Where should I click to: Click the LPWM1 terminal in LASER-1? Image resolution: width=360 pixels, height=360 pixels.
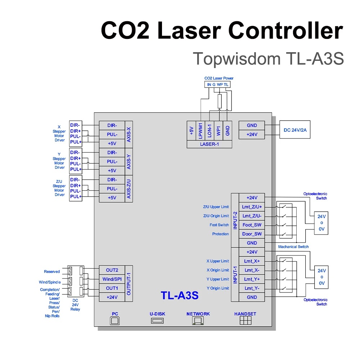[201, 130]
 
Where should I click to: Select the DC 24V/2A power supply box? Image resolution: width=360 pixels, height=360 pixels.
[295, 130]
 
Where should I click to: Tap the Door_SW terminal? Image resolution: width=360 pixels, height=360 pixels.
[252, 234]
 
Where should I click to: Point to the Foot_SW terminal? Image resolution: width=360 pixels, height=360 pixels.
[252, 225]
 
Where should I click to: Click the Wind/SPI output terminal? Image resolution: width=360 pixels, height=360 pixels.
[112, 279]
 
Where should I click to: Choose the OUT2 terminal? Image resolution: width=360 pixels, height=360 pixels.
[112, 270]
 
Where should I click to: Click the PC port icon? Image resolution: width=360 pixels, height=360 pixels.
[114, 320]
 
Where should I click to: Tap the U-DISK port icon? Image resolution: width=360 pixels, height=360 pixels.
[157, 320]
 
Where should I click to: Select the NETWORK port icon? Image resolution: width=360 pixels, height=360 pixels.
[198, 320]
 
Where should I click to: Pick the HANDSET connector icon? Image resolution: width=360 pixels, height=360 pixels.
[245, 320]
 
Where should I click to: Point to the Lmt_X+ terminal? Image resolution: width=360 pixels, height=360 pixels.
[252, 261]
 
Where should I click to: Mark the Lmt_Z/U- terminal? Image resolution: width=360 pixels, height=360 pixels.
[252, 216]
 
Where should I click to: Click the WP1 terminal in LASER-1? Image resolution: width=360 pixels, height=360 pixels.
[219, 130]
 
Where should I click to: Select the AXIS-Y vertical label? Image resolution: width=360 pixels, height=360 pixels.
[129, 161]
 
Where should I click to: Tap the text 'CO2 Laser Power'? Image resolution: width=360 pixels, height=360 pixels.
[219, 78]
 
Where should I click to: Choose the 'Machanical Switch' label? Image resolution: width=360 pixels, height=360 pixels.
[293, 247]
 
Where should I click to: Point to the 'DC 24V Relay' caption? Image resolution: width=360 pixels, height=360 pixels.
[75, 305]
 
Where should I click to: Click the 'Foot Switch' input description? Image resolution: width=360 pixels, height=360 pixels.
[219, 225]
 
